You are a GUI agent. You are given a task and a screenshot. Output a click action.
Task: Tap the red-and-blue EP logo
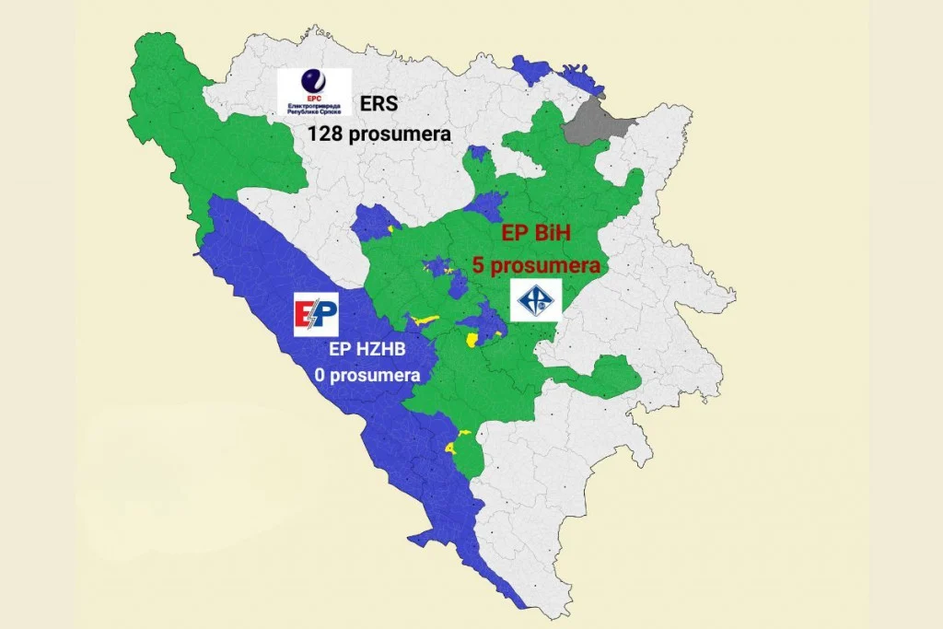(x=316, y=316)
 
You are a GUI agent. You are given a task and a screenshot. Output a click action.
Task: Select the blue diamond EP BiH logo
(x=536, y=300)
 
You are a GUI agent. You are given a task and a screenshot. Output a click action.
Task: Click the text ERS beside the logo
(x=379, y=104)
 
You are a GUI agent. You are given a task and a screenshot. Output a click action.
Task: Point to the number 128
(x=324, y=134)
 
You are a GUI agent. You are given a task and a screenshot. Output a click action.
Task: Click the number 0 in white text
(x=319, y=376)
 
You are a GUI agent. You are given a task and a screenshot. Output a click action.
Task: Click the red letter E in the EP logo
(x=305, y=317)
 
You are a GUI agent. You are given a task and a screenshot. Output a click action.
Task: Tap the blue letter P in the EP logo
(x=326, y=316)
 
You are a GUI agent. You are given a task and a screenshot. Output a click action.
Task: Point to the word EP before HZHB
(x=340, y=350)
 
